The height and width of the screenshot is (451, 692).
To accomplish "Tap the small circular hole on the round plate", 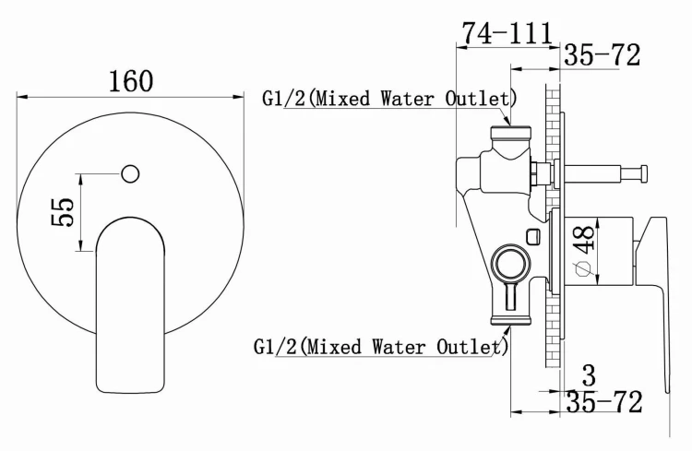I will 130,172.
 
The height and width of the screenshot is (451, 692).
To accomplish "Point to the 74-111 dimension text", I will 507,32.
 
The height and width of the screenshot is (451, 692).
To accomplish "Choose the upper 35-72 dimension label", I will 602,56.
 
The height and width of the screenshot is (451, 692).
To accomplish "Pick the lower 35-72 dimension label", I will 603,402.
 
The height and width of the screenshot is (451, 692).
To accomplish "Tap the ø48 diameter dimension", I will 582,248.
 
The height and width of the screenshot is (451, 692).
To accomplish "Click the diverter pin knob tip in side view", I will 629,172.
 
